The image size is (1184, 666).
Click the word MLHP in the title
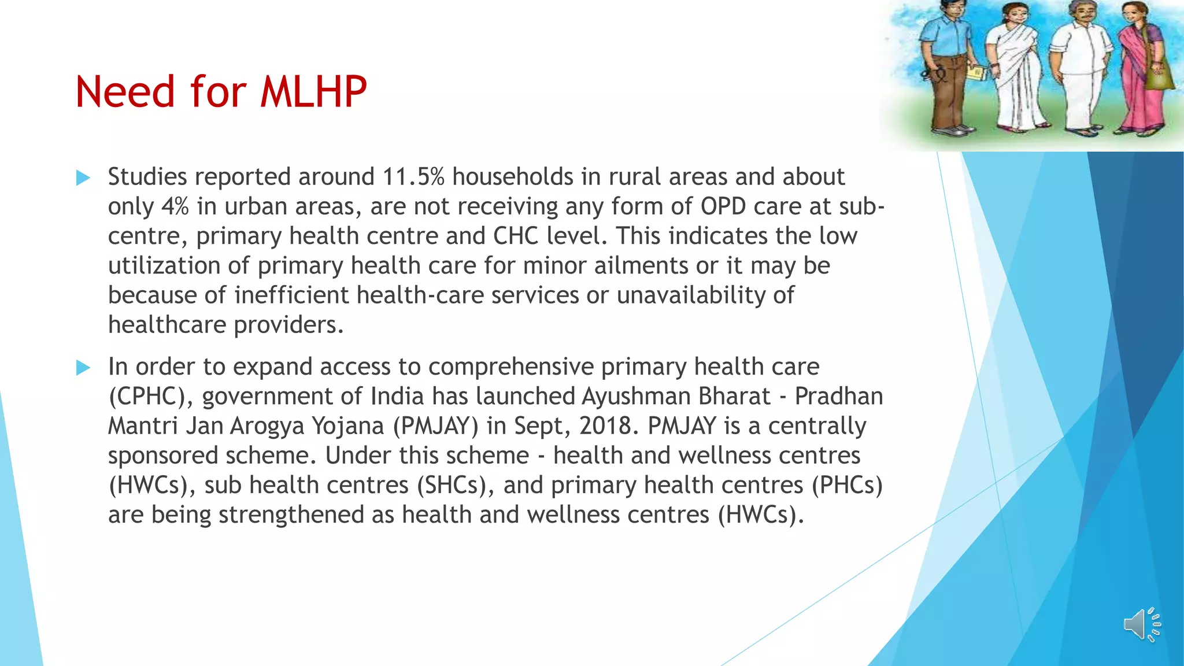click(x=313, y=92)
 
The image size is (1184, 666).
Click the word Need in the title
click(x=125, y=92)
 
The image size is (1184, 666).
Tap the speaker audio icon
click(x=1142, y=624)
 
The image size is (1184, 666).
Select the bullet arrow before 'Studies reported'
click(x=83, y=177)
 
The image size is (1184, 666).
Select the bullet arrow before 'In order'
click(x=83, y=367)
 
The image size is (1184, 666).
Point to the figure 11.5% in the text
click(x=413, y=177)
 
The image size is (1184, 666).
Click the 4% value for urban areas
click(x=175, y=206)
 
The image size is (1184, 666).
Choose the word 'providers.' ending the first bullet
click(x=288, y=325)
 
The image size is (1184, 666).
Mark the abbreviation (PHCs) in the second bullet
click(x=847, y=485)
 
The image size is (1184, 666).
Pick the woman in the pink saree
click(x=1142, y=69)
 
